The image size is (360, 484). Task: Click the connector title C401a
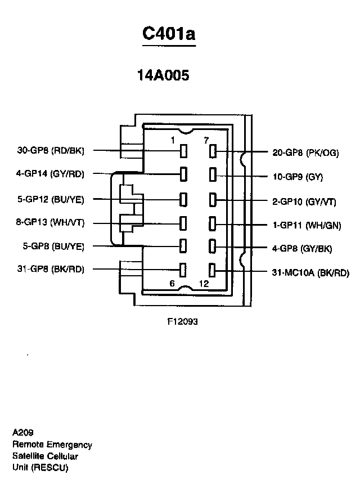(168, 33)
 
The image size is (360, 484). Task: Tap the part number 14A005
(163, 75)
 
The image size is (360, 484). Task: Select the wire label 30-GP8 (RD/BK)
(51, 151)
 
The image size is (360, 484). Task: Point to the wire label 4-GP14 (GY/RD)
(50, 174)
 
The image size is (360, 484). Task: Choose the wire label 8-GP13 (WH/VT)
(50, 223)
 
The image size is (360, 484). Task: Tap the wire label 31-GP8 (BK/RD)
(51, 269)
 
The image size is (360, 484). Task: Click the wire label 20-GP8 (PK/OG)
(305, 153)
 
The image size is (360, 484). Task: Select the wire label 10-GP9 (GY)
(298, 177)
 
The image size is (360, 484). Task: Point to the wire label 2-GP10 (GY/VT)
(304, 201)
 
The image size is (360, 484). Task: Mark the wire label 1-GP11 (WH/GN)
(304, 226)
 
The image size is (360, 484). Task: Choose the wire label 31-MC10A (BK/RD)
(310, 274)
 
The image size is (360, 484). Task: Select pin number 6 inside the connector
(172, 284)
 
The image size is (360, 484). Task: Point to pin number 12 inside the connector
(204, 284)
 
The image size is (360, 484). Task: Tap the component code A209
(23, 433)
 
